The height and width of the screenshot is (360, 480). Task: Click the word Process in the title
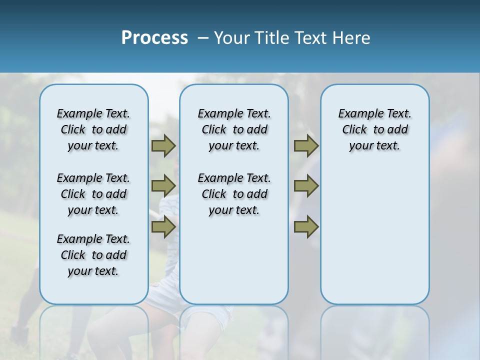click(154, 38)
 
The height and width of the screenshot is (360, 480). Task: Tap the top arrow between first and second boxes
click(163, 145)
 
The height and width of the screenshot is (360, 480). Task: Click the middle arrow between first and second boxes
click(163, 186)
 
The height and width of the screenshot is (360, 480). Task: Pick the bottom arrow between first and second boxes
click(163, 227)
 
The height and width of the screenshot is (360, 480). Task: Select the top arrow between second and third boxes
click(306, 145)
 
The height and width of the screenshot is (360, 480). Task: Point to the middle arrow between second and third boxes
click(306, 186)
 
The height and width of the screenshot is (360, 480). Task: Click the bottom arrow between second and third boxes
click(306, 227)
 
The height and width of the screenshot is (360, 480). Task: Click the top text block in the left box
click(93, 129)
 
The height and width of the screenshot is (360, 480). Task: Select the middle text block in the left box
click(93, 194)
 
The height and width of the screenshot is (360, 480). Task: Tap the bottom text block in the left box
click(93, 255)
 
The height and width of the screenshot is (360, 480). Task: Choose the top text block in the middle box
click(234, 129)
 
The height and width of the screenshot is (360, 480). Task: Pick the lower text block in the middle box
click(234, 194)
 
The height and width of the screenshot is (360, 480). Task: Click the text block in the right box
click(374, 129)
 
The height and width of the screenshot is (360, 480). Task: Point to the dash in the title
click(203, 38)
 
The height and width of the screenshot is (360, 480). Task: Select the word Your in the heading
click(231, 38)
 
